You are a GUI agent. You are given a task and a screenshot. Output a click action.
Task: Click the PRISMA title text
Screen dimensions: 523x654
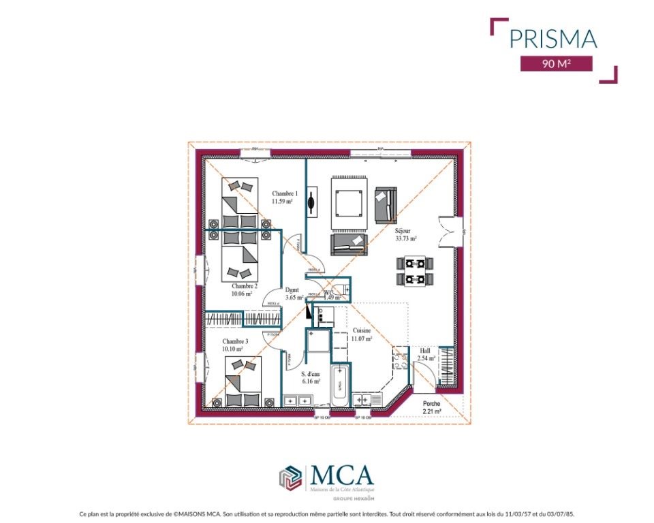point(553,38)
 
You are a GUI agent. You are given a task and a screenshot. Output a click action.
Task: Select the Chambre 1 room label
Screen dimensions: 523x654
point(284,193)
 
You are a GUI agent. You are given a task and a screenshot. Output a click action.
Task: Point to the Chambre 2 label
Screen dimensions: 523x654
point(244,287)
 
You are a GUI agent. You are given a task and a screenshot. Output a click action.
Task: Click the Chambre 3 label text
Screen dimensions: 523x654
point(234,341)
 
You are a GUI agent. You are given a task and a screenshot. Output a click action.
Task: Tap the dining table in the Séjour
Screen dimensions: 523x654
point(415,270)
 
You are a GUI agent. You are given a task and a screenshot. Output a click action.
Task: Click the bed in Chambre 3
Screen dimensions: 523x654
point(243,383)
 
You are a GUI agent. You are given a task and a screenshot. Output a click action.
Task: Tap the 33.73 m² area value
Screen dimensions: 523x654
point(406,239)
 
